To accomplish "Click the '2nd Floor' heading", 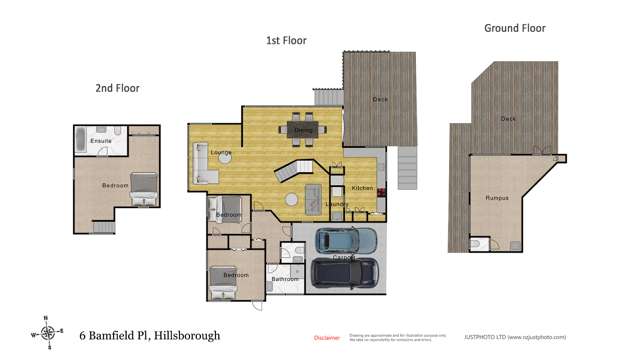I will coord(117,88).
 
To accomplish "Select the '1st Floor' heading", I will coord(286,41).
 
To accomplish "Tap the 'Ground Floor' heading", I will coord(515,28).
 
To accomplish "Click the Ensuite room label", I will coord(101,141).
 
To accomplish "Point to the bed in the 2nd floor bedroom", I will coord(143,187).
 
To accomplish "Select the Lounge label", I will coord(222,153).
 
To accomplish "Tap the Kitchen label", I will coord(362,188).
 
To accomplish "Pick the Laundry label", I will coord(336,204).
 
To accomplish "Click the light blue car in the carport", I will coord(346,241).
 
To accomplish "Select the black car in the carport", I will coord(345,271).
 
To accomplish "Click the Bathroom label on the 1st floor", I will coord(287,279).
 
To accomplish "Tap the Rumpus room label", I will coord(497,198).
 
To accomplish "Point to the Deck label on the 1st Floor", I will coord(380,98).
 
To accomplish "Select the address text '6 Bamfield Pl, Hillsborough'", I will coord(149,336).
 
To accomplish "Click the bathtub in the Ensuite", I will coord(82,141).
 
